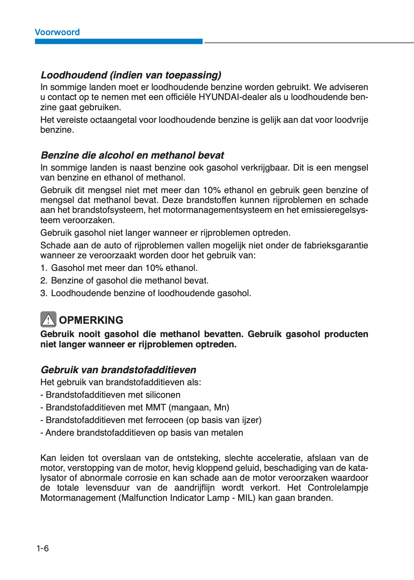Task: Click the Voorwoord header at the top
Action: (57, 32)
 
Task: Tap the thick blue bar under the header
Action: (119, 42)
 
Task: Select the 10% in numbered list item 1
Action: (154, 268)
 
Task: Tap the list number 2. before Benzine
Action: (44, 281)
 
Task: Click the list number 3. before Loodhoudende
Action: (44, 293)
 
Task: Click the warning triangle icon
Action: (48, 320)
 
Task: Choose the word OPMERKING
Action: (91, 320)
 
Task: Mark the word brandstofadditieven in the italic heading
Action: (149, 370)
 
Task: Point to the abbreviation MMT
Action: (155, 408)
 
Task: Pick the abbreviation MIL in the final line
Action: (245, 498)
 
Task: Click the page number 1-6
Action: (43, 548)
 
